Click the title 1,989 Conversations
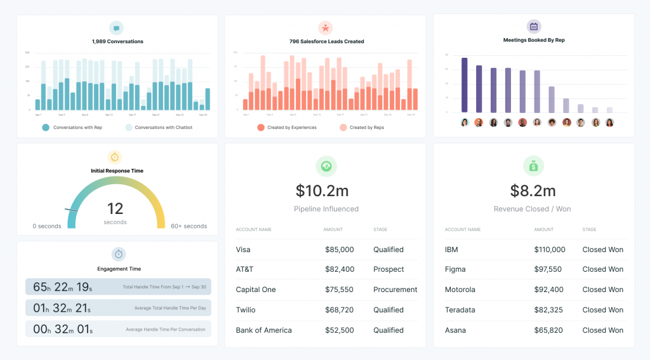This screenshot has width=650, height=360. click(x=117, y=42)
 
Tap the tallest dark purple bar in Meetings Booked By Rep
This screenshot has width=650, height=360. click(x=465, y=85)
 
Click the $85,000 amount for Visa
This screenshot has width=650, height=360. click(x=339, y=250)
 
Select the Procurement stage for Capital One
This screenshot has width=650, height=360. click(x=395, y=290)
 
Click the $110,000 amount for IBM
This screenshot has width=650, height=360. click(x=549, y=250)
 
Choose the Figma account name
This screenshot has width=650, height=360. click(x=455, y=269)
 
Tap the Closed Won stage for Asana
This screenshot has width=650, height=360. click(x=602, y=330)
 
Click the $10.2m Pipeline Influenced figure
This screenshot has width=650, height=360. click(x=326, y=190)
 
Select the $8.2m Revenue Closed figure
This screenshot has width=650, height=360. click(x=533, y=190)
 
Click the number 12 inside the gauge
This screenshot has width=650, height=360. click(x=115, y=208)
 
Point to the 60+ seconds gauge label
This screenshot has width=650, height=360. click(x=189, y=226)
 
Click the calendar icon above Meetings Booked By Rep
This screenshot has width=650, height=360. click(x=534, y=27)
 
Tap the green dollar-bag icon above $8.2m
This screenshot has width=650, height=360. click(x=534, y=166)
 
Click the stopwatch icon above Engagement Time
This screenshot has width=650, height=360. click(x=119, y=254)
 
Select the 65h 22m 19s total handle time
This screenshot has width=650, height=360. click(x=62, y=287)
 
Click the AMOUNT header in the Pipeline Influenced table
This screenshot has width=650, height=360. click(x=333, y=230)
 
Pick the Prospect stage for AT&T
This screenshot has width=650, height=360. click(x=388, y=269)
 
